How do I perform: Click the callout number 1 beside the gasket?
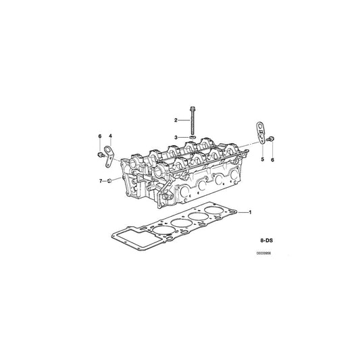pos(251,212)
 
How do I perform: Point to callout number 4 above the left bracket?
pos(111,136)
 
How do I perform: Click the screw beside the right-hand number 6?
pos(272,140)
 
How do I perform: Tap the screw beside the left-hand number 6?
pos(100,154)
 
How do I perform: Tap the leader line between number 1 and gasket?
pos(241,212)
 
